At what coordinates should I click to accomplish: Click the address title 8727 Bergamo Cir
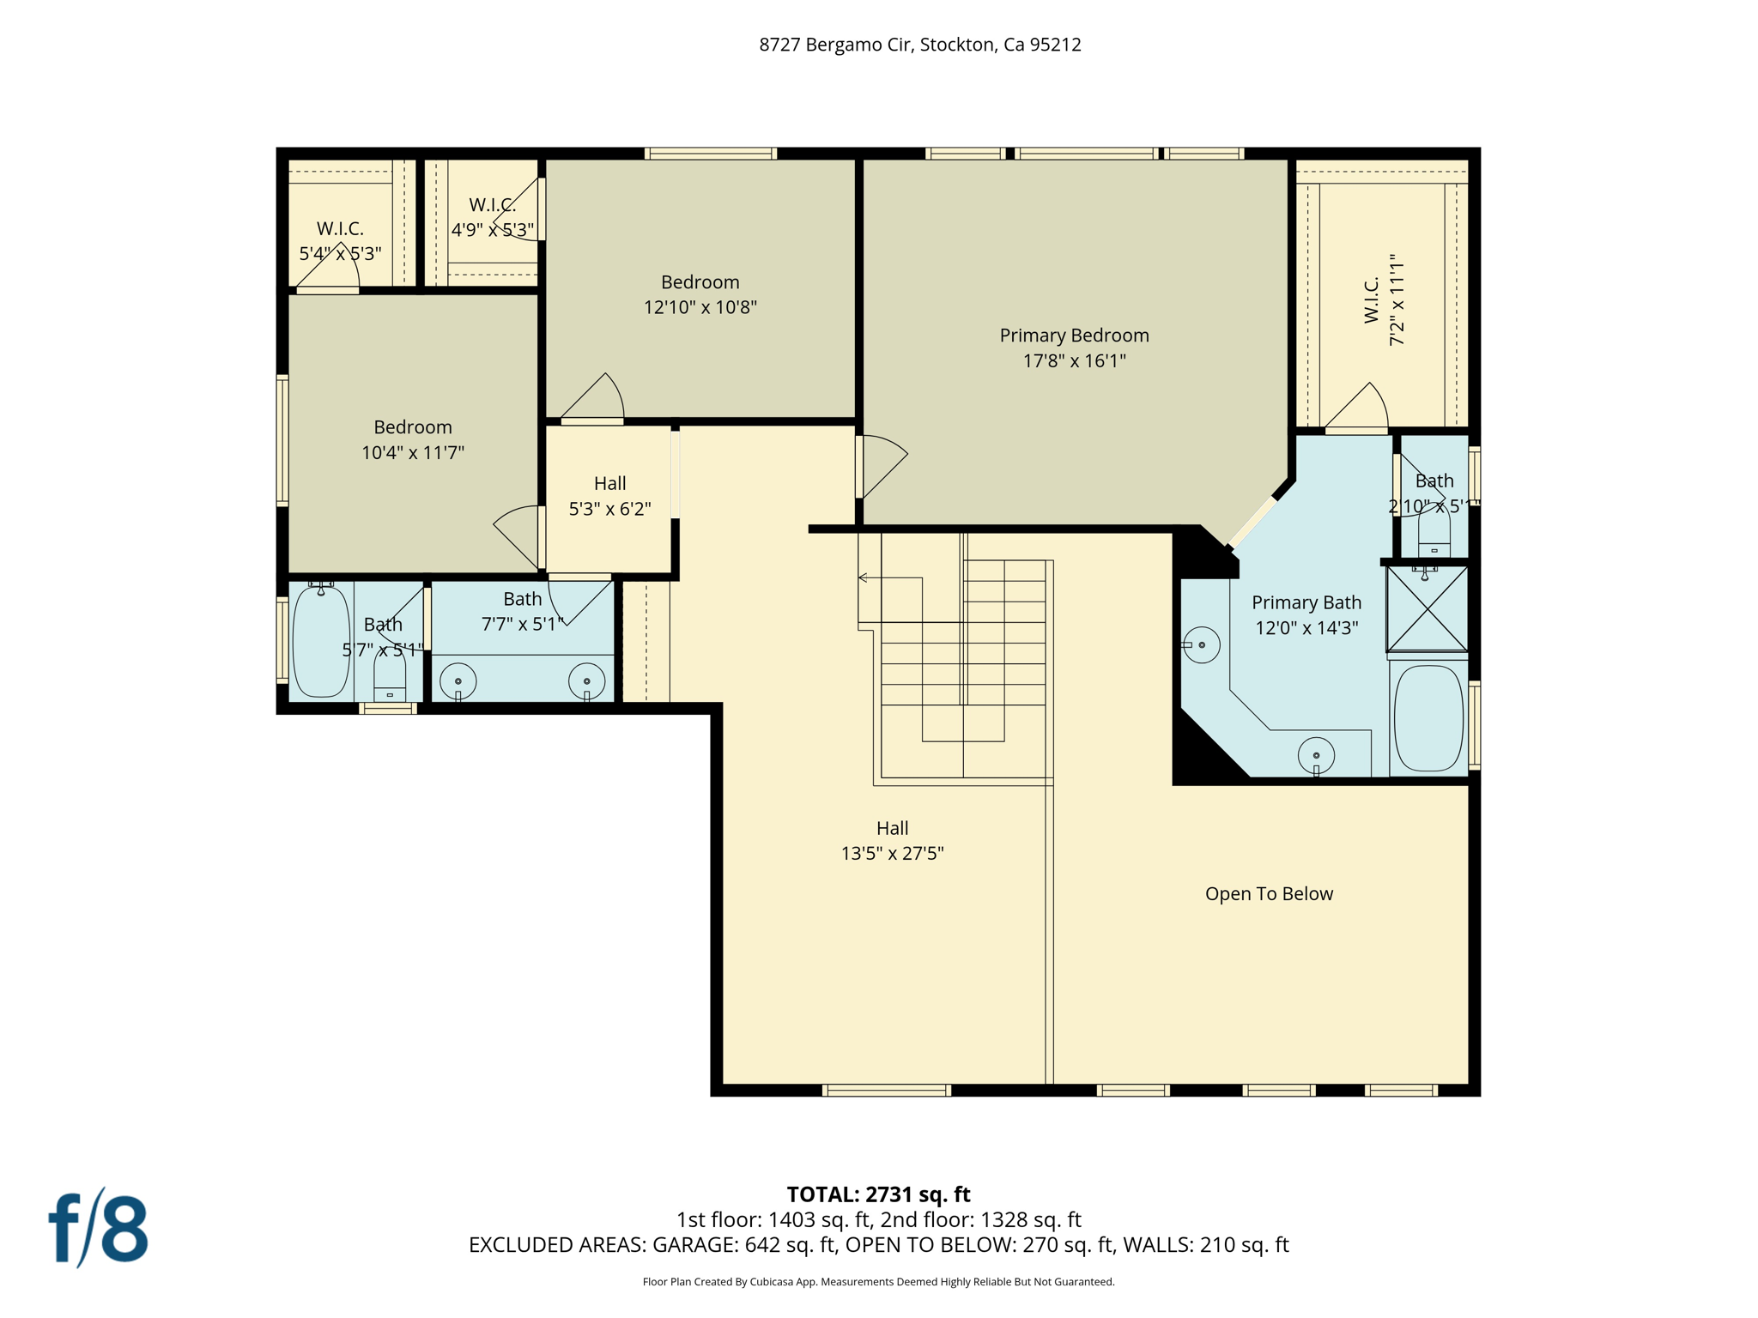point(919,45)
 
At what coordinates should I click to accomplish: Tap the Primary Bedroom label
point(1074,336)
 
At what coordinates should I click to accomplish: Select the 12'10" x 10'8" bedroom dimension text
point(700,307)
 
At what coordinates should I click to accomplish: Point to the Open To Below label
point(1268,894)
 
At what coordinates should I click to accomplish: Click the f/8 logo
point(98,1229)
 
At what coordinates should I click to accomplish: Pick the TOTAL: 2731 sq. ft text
point(878,1194)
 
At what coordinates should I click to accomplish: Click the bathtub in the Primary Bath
point(1428,718)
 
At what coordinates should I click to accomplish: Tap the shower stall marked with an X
point(1427,608)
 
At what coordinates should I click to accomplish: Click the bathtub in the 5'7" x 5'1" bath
point(321,642)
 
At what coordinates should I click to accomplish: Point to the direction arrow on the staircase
point(864,578)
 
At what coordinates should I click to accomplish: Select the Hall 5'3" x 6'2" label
point(609,496)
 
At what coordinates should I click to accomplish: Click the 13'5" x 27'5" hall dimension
point(892,854)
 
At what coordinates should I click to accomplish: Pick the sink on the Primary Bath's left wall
point(1201,644)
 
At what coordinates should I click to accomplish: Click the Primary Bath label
point(1306,602)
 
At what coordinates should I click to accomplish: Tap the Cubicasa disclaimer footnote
point(878,1282)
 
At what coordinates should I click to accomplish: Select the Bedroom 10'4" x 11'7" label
point(412,439)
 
